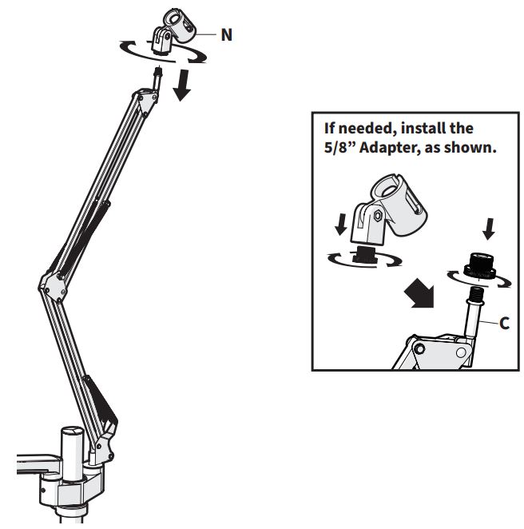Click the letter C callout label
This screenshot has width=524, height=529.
(504, 324)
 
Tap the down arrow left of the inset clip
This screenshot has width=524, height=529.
(341, 225)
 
